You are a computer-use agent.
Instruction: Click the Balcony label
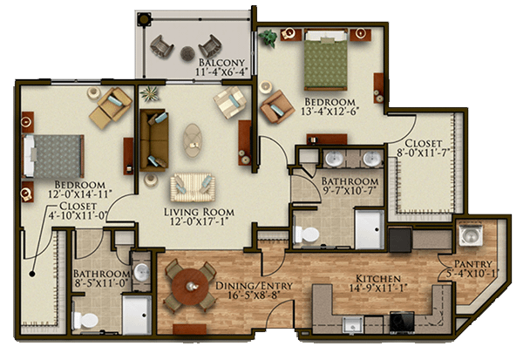pos(221,63)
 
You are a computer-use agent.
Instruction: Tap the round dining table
pos(190,287)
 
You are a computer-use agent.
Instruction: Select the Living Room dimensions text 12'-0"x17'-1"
pos(199,221)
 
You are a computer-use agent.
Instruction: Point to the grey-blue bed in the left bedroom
pos(52,156)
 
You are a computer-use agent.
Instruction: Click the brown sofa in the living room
pos(153,140)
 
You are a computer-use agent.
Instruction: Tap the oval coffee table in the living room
pos(193,140)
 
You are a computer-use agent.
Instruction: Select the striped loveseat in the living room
pos(193,187)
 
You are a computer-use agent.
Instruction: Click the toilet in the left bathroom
pos(85,320)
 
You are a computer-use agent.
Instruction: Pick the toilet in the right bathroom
pos(307,234)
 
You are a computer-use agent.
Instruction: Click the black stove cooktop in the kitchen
pos(402,322)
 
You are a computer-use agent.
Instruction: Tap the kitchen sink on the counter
pos(352,324)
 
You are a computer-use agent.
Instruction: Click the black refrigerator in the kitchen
pos(400,239)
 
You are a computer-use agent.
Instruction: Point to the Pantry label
pos(473,264)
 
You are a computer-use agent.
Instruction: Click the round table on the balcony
pos(187,53)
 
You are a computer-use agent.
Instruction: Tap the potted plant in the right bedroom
pos(268,38)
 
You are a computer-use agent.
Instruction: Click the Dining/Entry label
pos(254,286)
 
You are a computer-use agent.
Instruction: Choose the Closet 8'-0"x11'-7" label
pos(424,148)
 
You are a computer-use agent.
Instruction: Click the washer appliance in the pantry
pos(471,235)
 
